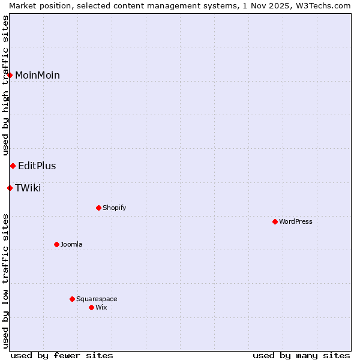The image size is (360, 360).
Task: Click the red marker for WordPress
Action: click(275, 221)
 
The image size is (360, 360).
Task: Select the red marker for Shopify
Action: click(98, 208)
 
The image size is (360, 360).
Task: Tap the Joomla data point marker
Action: click(56, 244)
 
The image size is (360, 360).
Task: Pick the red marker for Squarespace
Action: click(72, 299)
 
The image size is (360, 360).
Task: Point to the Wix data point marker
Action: click(91, 307)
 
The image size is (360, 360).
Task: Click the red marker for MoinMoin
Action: click(10, 75)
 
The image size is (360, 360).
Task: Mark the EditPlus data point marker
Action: click(13, 166)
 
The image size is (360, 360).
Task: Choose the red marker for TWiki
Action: click(10, 188)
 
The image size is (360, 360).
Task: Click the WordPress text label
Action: click(296, 221)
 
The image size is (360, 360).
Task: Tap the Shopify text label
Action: click(114, 208)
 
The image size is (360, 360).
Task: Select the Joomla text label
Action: click(71, 244)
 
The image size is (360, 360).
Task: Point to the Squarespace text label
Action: click(97, 299)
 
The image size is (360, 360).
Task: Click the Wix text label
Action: click(101, 307)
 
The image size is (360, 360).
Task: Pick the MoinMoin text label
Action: click(37, 75)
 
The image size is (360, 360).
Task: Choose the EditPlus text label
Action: click(37, 166)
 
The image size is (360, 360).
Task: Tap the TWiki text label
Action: click(28, 188)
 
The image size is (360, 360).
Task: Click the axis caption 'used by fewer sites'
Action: click(62, 355)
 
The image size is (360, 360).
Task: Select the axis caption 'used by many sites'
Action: click(301, 355)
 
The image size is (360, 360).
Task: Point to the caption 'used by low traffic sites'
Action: click(5, 280)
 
